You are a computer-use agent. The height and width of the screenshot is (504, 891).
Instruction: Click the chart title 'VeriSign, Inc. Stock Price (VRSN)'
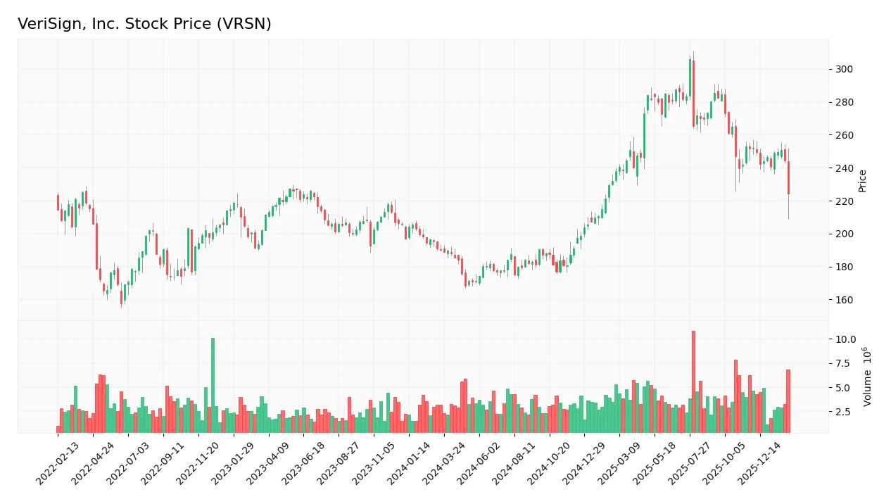[x=144, y=24]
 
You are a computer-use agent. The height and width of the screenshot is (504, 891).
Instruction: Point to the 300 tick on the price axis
[x=844, y=69]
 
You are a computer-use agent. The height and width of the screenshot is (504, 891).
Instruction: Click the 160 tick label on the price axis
[x=844, y=300]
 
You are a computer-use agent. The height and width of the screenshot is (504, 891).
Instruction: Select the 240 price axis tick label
[x=844, y=168]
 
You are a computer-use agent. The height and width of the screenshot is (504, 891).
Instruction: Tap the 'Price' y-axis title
[x=862, y=181]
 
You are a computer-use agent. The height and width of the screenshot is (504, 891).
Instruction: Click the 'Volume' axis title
[x=868, y=377]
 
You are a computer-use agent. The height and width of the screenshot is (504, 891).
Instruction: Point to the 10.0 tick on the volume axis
[x=845, y=339]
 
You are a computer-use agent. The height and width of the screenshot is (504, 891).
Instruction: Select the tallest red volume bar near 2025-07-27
[x=693, y=382]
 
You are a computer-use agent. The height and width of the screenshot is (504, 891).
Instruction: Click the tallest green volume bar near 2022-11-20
[x=213, y=385]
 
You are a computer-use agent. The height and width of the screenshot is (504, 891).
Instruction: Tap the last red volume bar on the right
[x=788, y=401]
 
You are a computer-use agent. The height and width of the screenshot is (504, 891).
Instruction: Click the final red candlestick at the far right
[x=788, y=177]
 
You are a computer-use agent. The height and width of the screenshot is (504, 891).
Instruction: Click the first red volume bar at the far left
[x=58, y=429]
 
